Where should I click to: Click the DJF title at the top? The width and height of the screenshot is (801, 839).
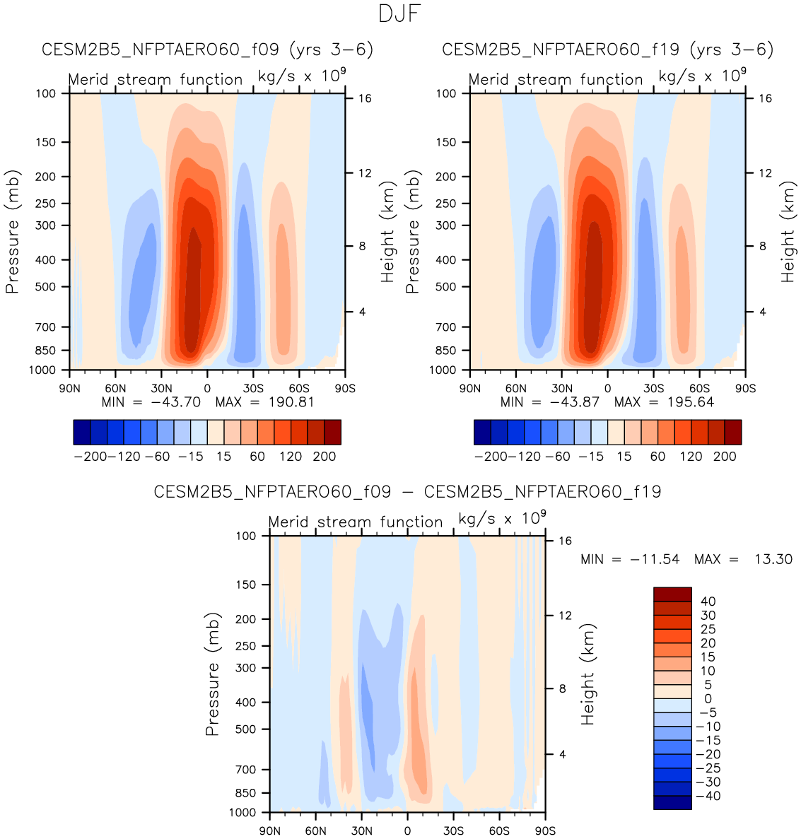400,14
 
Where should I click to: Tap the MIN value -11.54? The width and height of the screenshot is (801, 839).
657,559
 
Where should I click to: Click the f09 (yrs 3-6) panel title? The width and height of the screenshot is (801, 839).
207,50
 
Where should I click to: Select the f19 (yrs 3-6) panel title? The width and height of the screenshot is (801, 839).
607,50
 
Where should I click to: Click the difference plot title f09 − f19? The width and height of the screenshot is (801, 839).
407,492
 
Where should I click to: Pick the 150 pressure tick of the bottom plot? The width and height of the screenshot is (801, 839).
245,585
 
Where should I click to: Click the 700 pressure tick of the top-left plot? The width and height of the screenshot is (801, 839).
46,327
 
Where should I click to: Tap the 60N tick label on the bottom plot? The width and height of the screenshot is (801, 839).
315,831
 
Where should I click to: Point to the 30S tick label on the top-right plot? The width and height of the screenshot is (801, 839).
653,388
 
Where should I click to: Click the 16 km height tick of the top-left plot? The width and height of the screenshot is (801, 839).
364,98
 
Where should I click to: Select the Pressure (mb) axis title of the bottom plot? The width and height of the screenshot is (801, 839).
213,674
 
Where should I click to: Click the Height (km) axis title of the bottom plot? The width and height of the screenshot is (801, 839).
587,674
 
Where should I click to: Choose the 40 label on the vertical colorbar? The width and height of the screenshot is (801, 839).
708,602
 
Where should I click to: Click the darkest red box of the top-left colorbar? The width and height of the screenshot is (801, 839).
332,432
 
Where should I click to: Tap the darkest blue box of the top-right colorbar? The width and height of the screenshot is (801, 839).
482,432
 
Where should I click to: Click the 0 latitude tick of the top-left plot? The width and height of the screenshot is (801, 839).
207,388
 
